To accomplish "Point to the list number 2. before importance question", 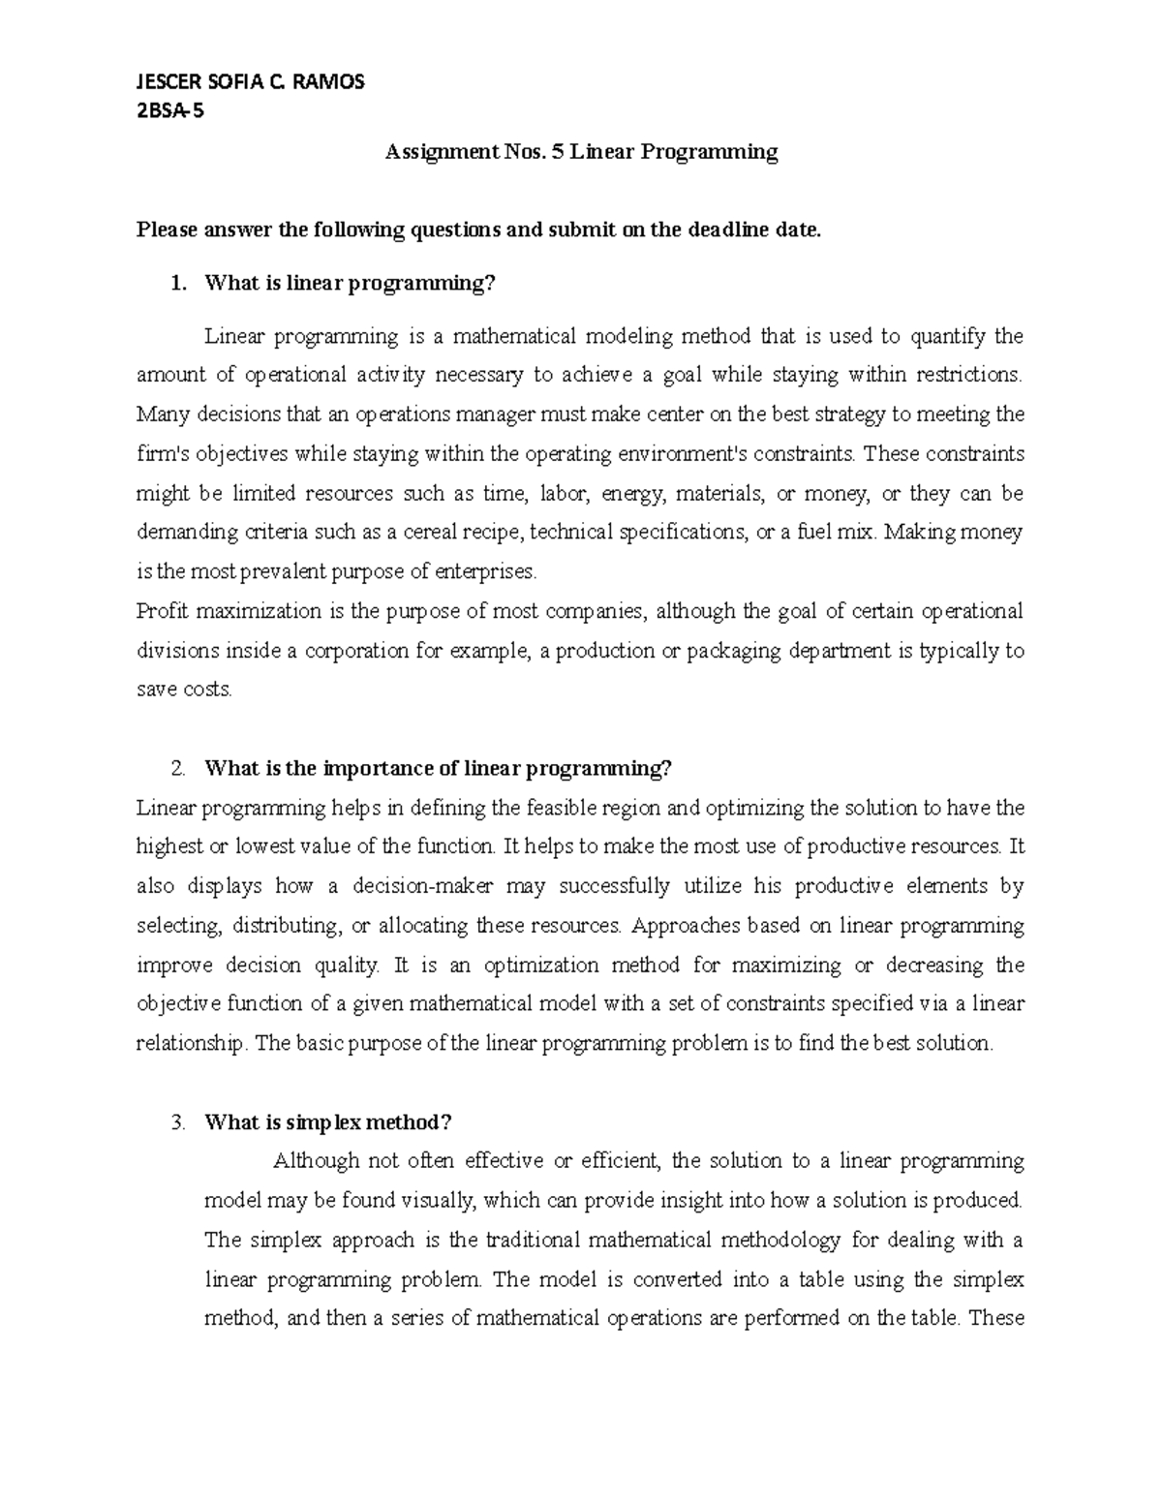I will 176,769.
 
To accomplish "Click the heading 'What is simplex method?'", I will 328,1122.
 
